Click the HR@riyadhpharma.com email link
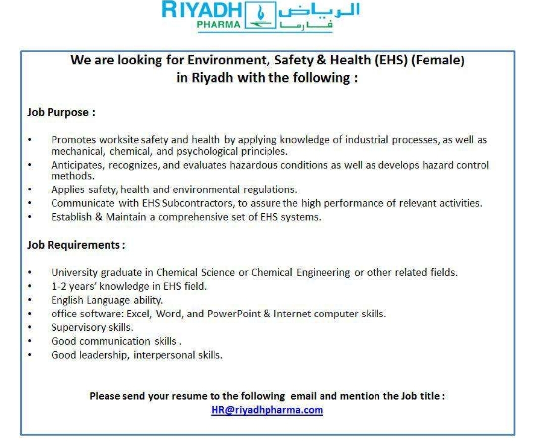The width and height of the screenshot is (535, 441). pos(267,410)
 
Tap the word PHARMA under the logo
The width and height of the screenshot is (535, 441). pos(218,25)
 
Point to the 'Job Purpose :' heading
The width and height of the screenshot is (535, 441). pos(61,112)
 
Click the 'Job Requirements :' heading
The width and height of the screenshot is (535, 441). pos(76,245)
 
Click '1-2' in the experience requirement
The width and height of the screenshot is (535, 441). pos(59,286)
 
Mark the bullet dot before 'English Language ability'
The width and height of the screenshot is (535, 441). pos(31,300)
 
